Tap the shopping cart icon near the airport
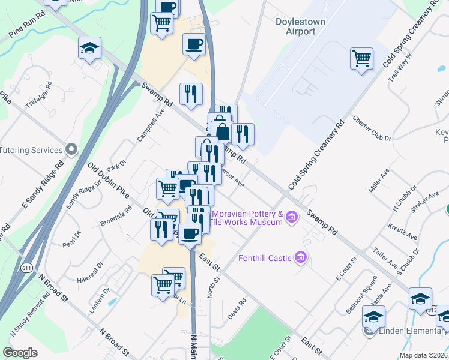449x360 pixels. coord(361,58)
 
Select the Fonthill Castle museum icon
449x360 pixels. coord(301,258)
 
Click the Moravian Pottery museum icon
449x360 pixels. coord(291,217)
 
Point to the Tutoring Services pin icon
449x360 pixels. coord(72,149)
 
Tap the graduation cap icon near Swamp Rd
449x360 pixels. coord(89,47)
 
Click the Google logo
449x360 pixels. coord(20,353)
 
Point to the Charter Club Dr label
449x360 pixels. coord(372,128)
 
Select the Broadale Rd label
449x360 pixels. coord(116,215)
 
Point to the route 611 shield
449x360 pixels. coord(26,266)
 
